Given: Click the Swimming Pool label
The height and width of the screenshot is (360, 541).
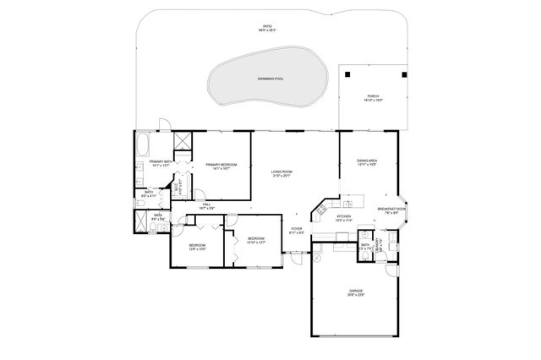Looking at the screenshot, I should click(x=270, y=79).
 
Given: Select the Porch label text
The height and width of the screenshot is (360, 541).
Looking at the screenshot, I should click(x=373, y=97).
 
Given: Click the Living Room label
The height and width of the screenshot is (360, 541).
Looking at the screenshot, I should click(x=281, y=174).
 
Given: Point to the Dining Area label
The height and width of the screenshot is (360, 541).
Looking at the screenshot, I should click(x=366, y=162).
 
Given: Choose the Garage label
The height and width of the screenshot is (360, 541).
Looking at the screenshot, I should click(x=355, y=292).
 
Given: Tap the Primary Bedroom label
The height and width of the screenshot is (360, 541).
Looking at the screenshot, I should click(x=221, y=166).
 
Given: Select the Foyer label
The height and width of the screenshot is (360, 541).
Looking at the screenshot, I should click(x=297, y=230).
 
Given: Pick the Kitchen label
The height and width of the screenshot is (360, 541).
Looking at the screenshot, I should click(x=344, y=218).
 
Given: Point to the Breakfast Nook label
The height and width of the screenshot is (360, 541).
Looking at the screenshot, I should click(x=390, y=210).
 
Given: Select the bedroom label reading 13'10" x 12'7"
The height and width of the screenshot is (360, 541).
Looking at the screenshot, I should click(x=257, y=240).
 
